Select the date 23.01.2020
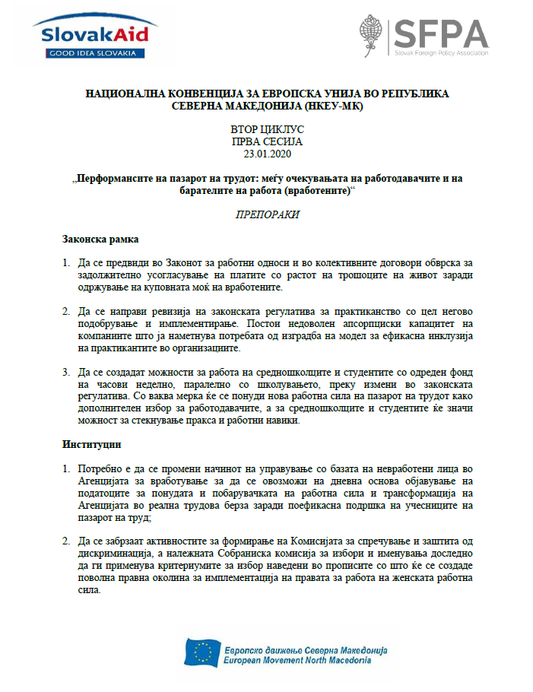(x=266, y=154)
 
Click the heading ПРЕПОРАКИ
(x=266, y=214)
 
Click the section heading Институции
(x=91, y=442)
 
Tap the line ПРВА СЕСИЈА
(x=266, y=141)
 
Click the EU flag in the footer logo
(x=202, y=652)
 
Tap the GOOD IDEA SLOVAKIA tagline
(x=90, y=53)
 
